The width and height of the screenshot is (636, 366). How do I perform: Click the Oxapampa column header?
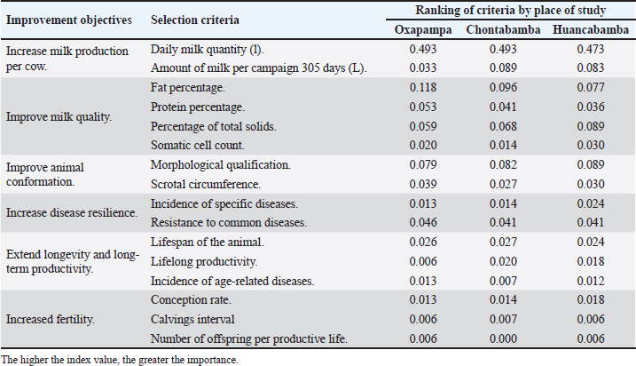tap(423, 30)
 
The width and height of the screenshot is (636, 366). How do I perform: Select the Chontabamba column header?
tap(503, 30)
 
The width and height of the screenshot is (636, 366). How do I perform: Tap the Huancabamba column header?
tap(591, 30)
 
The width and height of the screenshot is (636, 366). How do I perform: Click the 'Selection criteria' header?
tap(194, 20)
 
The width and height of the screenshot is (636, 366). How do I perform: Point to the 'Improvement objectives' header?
tap(69, 20)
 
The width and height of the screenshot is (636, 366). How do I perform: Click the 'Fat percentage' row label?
tap(188, 88)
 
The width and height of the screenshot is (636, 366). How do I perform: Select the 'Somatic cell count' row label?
tap(198, 145)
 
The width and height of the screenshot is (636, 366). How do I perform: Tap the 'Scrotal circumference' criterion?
tap(206, 184)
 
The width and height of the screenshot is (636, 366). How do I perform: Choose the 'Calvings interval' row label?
tap(192, 319)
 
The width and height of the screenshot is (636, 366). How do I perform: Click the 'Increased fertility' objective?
tap(51, 319)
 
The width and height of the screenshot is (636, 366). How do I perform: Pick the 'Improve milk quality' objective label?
tap(59, 117)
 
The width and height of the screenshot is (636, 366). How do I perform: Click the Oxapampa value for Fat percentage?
tap(423, 87)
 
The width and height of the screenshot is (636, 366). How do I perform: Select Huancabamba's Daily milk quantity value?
tap(591, 49)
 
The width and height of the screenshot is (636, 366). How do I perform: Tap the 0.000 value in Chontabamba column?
tap(503, 338)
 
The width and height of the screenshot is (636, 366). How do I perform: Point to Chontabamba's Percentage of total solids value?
tap(503, 126)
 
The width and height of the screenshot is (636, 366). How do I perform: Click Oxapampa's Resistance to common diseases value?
tap(423, 222)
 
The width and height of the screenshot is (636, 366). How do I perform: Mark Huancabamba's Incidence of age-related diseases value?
tap(591, 281)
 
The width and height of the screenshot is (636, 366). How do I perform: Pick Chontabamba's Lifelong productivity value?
tap(503, 261)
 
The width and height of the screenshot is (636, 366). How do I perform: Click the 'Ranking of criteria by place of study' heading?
tap(511, 10)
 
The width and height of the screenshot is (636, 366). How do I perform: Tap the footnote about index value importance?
tap(120, 360)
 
